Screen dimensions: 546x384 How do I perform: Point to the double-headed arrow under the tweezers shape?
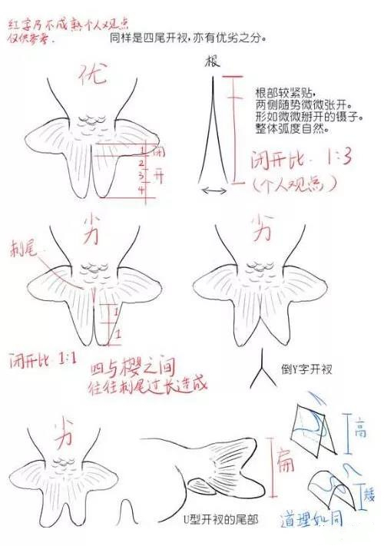click(x=214, y=190)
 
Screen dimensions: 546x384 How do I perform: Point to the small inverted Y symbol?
click(x=263, y=376)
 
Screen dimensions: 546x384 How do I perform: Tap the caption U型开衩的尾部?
click(x=222, y=520)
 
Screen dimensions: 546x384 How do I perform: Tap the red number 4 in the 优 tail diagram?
click(x=141, y=188)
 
